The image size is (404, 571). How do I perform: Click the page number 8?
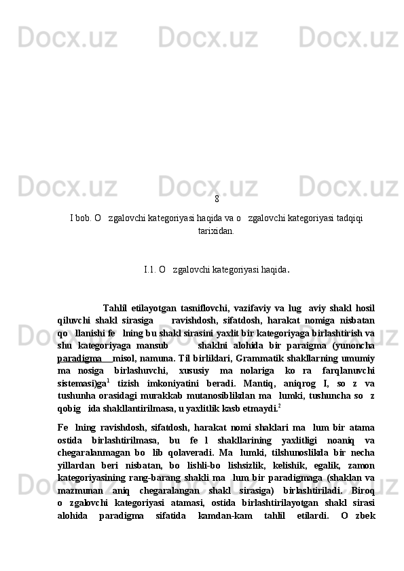[x=217, y=199]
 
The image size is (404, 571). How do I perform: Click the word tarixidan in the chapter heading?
[x=217, y=231]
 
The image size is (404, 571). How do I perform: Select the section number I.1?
[x=150, y=269]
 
